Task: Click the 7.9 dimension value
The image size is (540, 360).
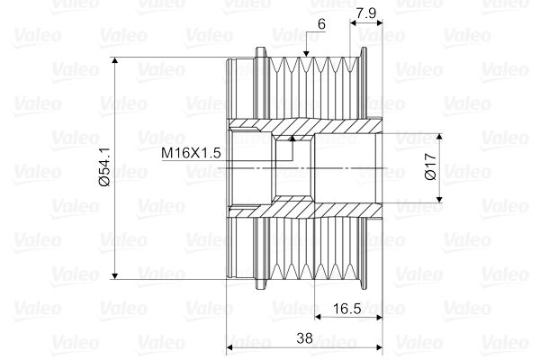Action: [x=365, y=13]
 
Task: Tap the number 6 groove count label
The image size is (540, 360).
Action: [x=321, y=24]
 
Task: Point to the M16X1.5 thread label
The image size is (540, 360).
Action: [x=191, y=153]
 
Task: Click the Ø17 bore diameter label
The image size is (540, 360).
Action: [x=430, y=166]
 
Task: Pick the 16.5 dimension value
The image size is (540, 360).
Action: [x=346, y=309]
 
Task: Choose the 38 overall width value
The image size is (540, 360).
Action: [x=304, y=338]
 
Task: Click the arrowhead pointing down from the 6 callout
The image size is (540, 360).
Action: [x=306, y=53]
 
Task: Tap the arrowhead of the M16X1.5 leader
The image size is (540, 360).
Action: [x=292, y=139]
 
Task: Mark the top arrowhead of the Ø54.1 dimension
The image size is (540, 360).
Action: [x=115, y=60]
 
